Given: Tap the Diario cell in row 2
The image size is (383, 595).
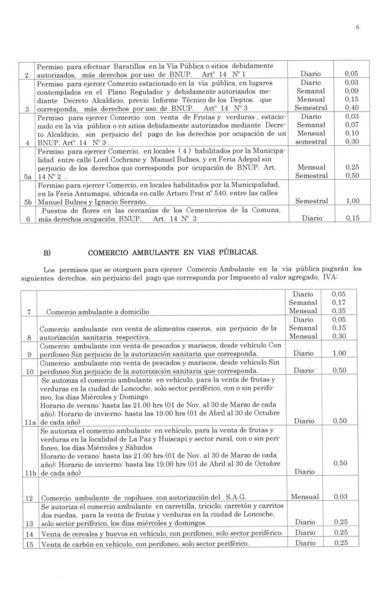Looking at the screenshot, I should pos(314,75).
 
